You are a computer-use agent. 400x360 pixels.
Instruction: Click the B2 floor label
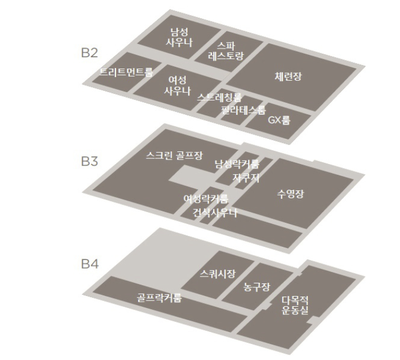click(90, 54)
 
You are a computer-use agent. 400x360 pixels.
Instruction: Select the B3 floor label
click(90, 161)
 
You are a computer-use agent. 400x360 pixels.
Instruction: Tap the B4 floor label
click(90, 264)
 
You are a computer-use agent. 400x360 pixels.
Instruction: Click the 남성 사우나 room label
click(179, 37)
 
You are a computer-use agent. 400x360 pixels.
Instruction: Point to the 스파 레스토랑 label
click(226, 51)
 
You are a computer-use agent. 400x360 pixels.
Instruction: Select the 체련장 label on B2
click(287, 76)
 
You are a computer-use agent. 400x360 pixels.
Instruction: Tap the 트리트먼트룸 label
click(126, 72)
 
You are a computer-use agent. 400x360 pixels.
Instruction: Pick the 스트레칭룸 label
click(219, 98)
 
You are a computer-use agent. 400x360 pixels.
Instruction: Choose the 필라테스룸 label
click(244, 109)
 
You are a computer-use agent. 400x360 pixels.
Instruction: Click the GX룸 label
click(279, 120)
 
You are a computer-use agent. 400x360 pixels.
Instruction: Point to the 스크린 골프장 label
click(174, 155)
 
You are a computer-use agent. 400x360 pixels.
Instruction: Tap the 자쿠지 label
click(246, 178)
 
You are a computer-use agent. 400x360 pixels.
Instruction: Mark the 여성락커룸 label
click(205, 199)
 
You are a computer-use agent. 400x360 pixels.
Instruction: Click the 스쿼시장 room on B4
click(218, 274)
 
